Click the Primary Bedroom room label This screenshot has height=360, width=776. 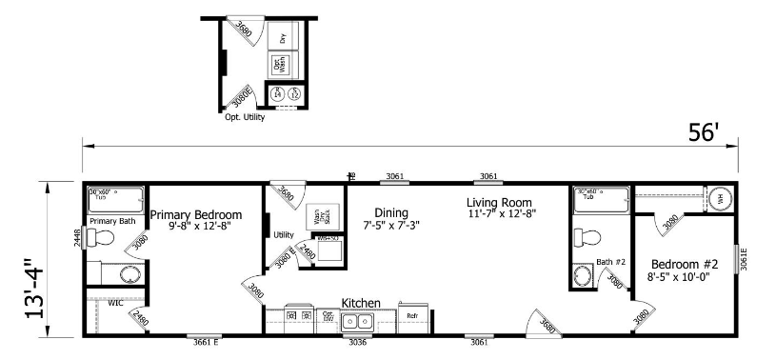click(195, 214)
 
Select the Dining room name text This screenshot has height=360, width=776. click(391, 212)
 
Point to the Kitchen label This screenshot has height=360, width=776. click(362, 303)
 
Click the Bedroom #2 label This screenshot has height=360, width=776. click(685, 264)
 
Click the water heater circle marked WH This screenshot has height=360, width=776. click(720, 199)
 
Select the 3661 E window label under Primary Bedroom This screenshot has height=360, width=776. click(206, 340)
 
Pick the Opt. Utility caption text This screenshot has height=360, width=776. click(245, 117)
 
